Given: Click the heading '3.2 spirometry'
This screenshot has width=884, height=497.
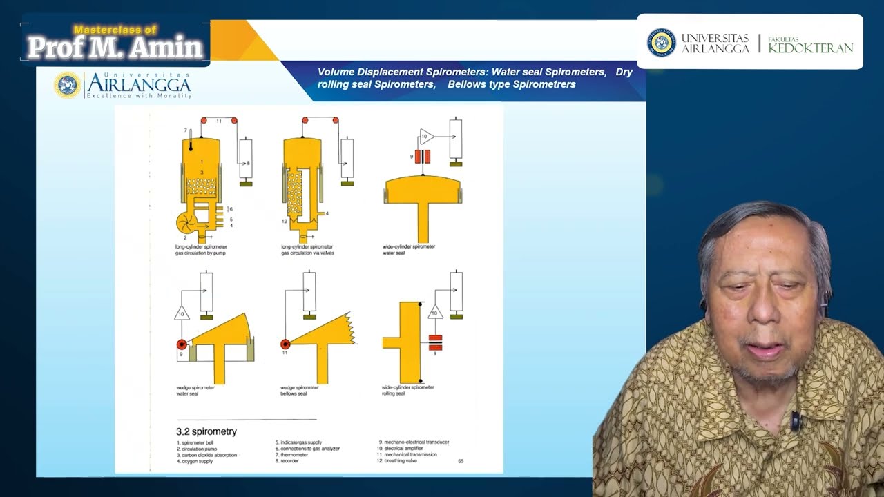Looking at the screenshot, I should pos(206,431).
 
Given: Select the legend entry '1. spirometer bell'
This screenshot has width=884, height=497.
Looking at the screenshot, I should pos(199,442).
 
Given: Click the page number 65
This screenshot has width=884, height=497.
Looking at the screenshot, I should pos(461,460).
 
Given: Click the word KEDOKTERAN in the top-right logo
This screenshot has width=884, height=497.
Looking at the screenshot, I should pos(810,48).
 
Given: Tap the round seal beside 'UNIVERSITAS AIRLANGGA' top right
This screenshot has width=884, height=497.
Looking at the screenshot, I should pos(661,42).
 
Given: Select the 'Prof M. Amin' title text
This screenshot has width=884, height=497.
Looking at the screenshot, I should pos(115,47).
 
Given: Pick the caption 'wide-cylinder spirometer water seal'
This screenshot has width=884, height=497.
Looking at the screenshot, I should pos(408,249).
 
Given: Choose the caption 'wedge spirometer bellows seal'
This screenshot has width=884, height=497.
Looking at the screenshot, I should pos(300,390).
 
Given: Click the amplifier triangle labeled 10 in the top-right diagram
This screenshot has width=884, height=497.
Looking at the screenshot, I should pos(425,137).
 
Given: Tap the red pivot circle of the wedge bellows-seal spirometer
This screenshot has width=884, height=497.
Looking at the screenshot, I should pos(285,344).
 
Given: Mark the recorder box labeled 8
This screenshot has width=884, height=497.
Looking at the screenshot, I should pos(246,159).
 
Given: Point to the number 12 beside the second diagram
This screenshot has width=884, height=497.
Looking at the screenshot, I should pos(284,221).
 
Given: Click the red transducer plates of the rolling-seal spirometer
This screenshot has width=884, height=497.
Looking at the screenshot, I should pos(435,343).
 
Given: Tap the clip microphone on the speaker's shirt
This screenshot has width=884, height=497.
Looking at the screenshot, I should pos(796,420).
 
